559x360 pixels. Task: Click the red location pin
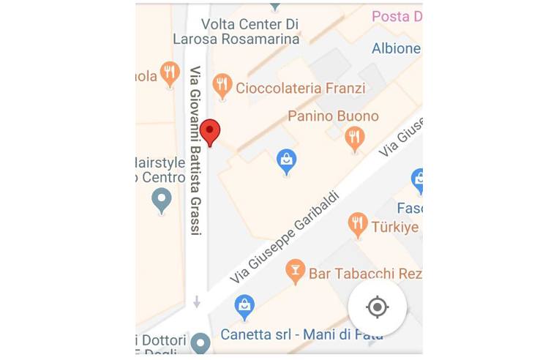pyautogui.click(x=211, y=132)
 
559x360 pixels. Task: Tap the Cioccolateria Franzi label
pyautogui.click(x=300, y=89)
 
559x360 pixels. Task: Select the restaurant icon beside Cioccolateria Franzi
pyautogui.click(x=222, y=86)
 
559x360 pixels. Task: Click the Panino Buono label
pyautogui.click(x=333, y=116)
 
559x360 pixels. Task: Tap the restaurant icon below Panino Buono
pyautogui.click(x=355, y=138)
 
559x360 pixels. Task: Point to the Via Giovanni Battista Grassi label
pyautogui.click(x=195, y=150)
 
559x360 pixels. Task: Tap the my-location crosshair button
pyautogui.click(x=377, y=307)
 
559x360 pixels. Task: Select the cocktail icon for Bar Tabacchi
pyautogui.click(x=294, y=271)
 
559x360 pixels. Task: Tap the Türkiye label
pyautogui.click(x=395, y=226)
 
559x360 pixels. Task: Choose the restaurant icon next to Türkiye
pyautogui.click(x=357, y=225)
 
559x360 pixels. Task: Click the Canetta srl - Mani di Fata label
pyautogui.click(x=301, y=336)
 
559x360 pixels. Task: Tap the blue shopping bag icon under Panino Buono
pyautogui.click(x=287, y=160)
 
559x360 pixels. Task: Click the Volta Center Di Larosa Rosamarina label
pyautogui.click(x=236, y=31)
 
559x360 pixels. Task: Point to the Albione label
pyautogui.click(x=397, y=48)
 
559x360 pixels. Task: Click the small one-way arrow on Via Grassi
pyautogui.click(x=196, y=301)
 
